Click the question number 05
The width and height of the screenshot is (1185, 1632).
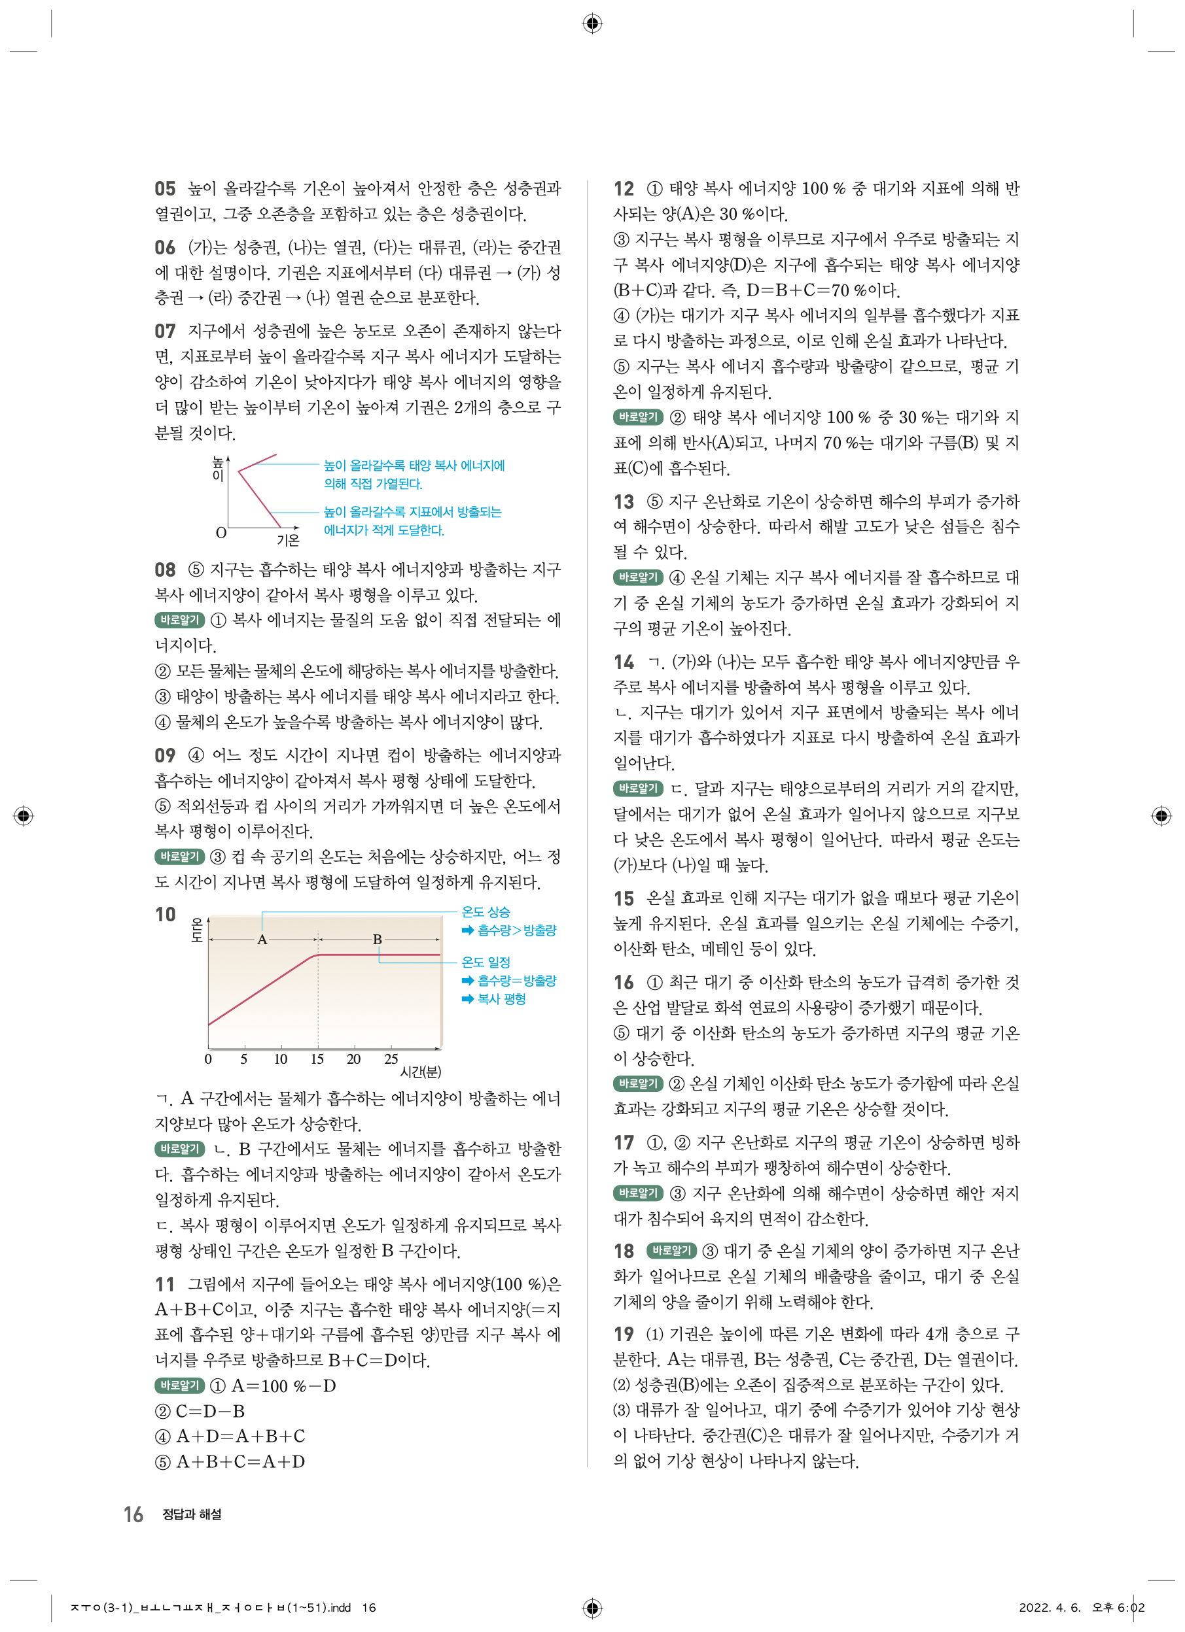click(x=165, y=188)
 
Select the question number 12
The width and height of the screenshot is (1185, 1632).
click(x=624, y=188)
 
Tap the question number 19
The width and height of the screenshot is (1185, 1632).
click(x=624, y=1333)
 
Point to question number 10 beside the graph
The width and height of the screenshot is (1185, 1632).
click(x=166, y=914)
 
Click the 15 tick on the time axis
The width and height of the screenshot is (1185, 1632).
click(x=317, y=1059)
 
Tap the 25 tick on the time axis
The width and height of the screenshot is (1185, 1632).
click(x=391, y=1059)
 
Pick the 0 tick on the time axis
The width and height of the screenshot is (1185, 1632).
click(x=208, y=1059)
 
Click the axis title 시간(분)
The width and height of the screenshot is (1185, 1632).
click(x=421, y=1072)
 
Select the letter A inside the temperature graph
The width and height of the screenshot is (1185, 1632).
click(x=262, y=940)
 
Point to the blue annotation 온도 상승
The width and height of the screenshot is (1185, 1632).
click(x=486, y=911)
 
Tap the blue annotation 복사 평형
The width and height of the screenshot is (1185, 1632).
click(x=501, y=999)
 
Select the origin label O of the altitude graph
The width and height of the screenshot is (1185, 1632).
click(x=221, y=533)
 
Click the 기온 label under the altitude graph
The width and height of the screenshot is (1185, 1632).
click(x=288, y=539)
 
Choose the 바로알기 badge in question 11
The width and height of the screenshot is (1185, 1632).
click(x=179, y=1385)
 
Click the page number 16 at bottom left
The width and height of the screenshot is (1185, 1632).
click(x=133, y=1515)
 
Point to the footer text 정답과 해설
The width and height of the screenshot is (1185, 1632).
click(x=192, y=1515)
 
